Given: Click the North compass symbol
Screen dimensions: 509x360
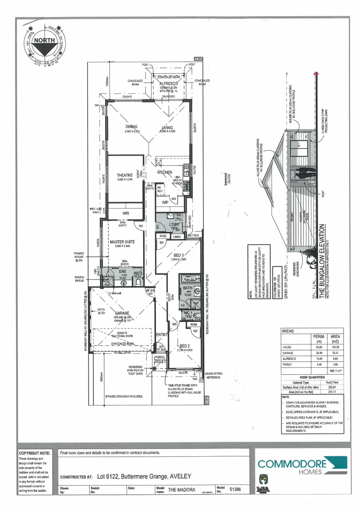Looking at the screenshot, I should pos(42,41).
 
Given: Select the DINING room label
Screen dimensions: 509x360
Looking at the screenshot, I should pos(131,127).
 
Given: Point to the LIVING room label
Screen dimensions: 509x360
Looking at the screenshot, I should pos(167,127).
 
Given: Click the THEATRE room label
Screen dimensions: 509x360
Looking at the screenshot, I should pos(125,175).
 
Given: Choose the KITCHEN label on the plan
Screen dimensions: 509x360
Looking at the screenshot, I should pos(164,172).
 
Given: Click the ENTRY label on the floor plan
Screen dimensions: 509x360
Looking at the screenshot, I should pos(162,334).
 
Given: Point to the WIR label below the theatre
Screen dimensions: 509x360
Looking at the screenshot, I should pos(125,213).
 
